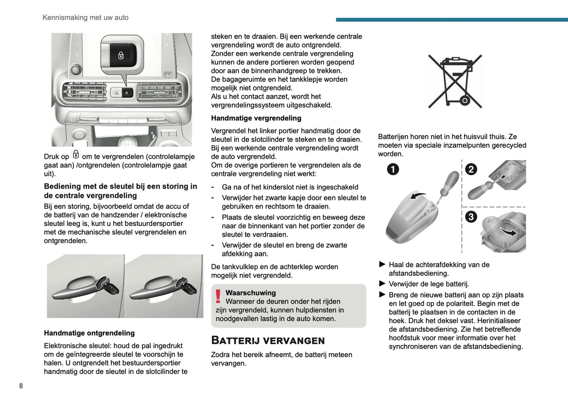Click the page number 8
[21, 386]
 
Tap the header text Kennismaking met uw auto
[85, 17]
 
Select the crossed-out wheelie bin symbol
[455, 81]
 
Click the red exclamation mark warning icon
[218, 296]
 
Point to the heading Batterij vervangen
[268, 340]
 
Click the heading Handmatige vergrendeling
[256, 118]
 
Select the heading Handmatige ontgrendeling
[89, 333]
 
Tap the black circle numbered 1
[393, 169]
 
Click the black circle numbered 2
[471, 169]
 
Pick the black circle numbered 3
[471, 217]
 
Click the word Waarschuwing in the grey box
[250, 293]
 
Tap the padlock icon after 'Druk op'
[75, 155]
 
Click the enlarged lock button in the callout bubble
[122, 55]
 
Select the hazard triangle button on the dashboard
[116, 93]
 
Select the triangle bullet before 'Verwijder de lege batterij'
[382, 283]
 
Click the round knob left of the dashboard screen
[75, 70]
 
